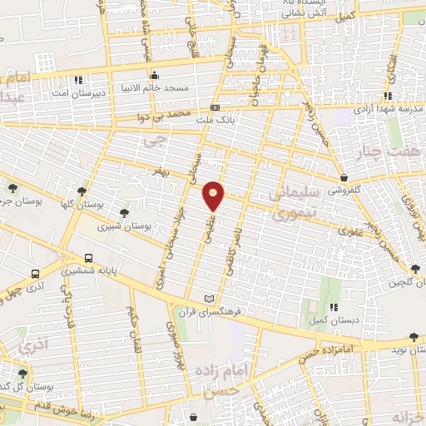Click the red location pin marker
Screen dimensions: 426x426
coord(215,195)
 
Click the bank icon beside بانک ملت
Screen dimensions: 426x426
coord(215,108)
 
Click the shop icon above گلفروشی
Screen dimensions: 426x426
coord(344,177)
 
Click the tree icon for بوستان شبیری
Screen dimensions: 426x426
coord(125,214)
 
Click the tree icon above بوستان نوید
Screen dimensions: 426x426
coord(414,337)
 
